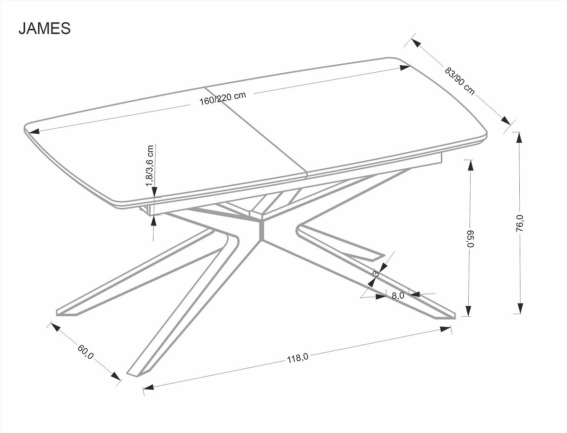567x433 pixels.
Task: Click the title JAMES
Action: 44,28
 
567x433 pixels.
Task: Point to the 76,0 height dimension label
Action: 519,222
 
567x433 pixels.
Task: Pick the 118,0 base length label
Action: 298,358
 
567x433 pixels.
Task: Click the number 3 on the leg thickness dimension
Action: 376,273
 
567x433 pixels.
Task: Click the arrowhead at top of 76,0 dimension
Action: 519,137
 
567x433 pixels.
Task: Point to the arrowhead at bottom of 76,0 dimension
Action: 519,309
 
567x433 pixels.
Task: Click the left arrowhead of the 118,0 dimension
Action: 148,387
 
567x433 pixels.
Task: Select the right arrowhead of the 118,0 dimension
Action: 447,329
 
